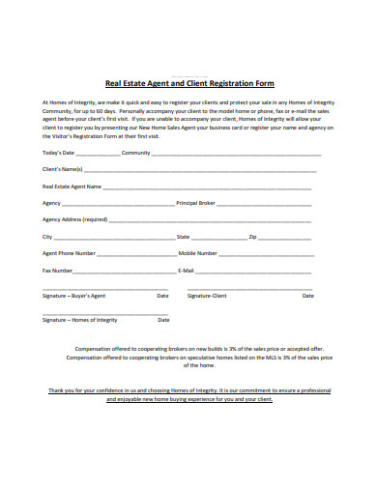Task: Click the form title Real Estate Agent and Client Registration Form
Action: pos(188,84)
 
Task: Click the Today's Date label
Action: pos(59,153)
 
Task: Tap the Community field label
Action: pos(135,153)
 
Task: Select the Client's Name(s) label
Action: pos(63,169)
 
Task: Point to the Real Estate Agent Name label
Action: pos(72,187)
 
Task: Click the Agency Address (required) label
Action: pos(74,219)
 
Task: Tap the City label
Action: pos(47,236)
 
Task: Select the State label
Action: pos(183,236)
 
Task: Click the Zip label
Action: pos(252,236)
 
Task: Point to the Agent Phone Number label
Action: pos(69,252)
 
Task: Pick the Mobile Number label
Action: pos(198,252)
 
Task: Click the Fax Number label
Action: pos(58,270)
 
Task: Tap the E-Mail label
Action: pos(187,270)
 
